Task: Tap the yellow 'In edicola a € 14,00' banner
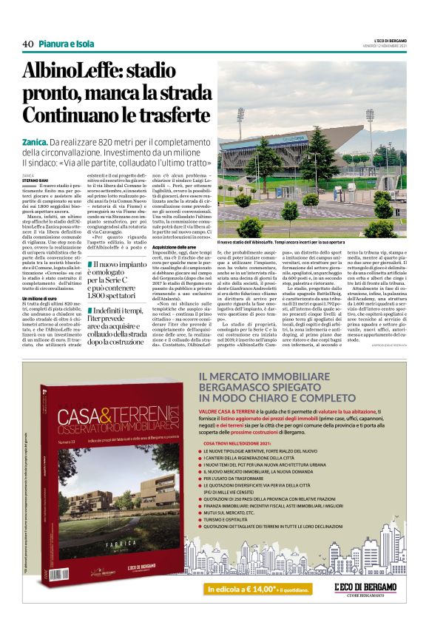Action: point(254,589)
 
